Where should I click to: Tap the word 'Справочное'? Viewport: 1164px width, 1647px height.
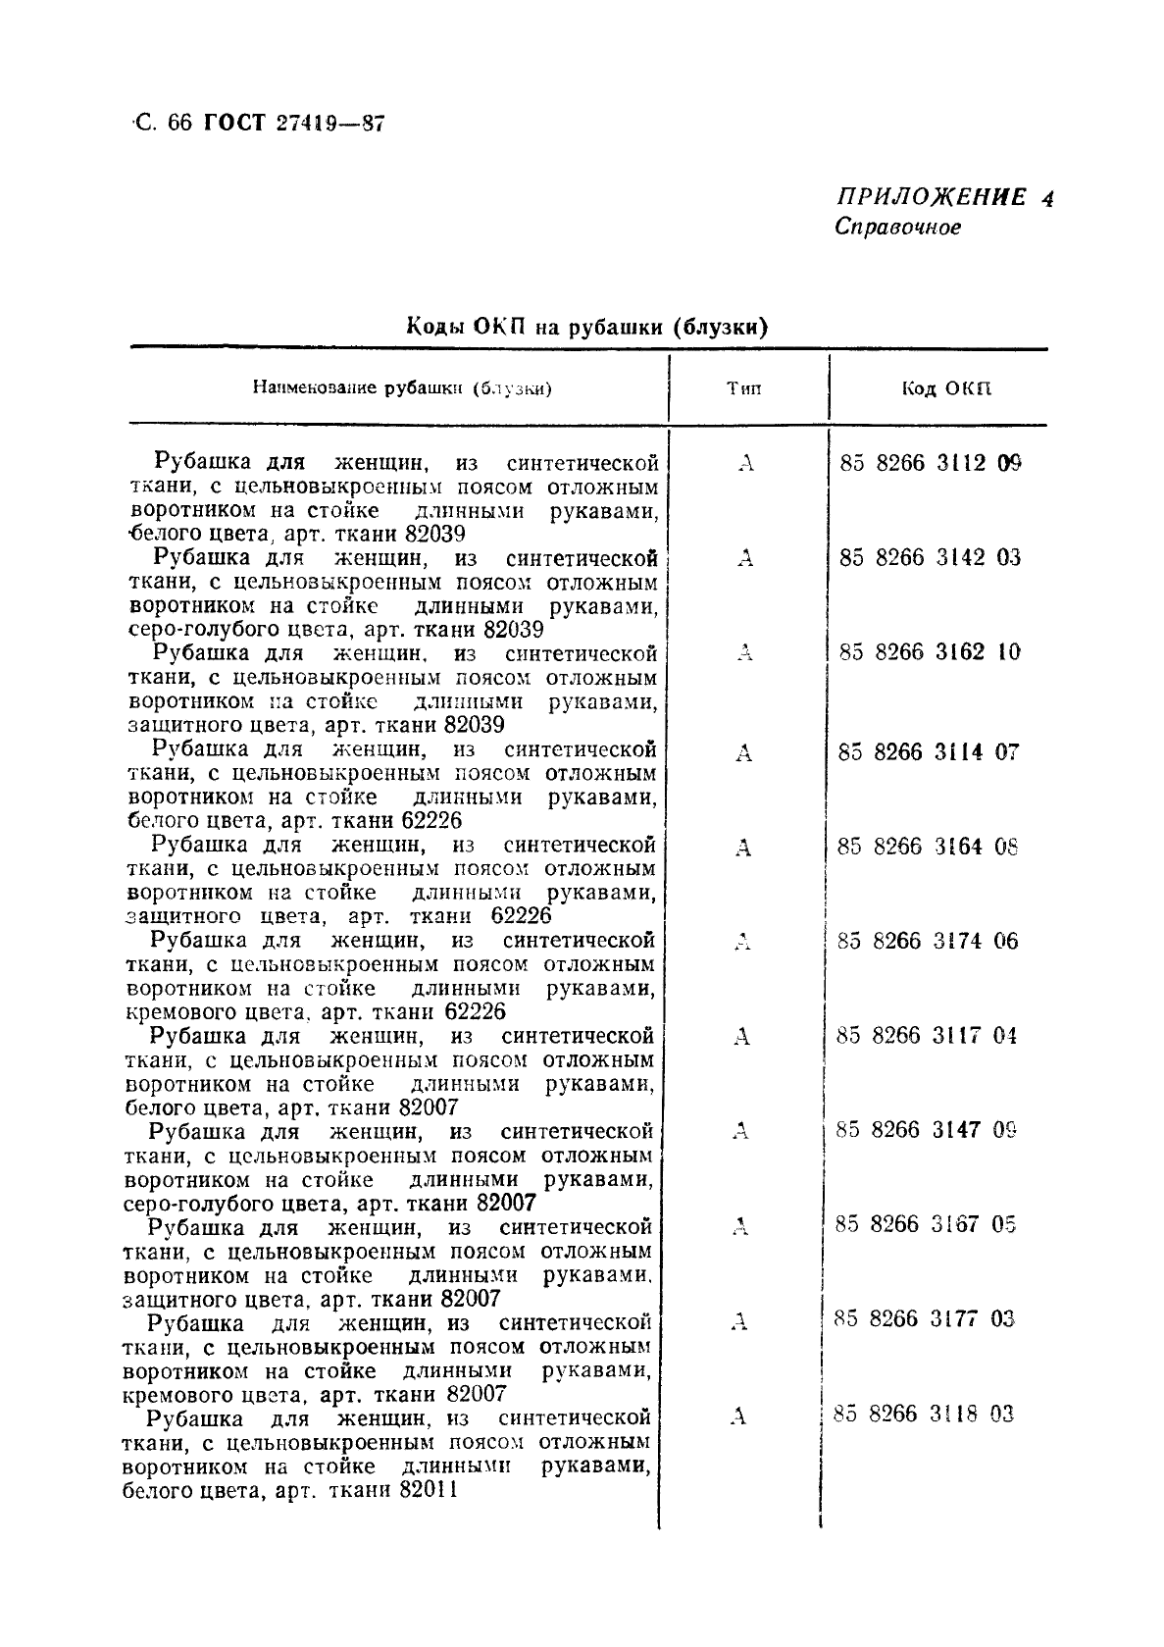pyautogui.click(x=897, y=228)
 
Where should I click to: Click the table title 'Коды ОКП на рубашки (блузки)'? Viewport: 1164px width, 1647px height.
pyautogui.click(x=586, y=327)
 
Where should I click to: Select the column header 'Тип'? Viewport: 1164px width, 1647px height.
pyautogui.click(x=743, y=388)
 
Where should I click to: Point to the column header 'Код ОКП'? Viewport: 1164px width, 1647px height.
pyautogui.click(x=946, y=388)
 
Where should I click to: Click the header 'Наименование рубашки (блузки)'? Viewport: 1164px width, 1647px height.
pyautogui.click(x=402, y=388)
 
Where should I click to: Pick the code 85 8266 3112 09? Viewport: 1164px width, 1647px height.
pyautogui.click(x=930, y=462)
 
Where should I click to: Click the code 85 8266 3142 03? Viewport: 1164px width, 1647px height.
pyautogui.click(x=930, y=557)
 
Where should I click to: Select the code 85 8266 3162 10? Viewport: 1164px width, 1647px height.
pyautogui.click(x=930, y=651)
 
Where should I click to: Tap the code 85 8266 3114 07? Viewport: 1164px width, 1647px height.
pyautogui.click(x=930, y=752)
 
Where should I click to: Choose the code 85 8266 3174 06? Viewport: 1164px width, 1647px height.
pyautogui.click(x=928, y=941)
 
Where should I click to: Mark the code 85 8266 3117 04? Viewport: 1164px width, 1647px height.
pyautogui.click(x=927, y=1035)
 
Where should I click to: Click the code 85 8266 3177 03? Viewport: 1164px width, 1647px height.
pyautogui.click(x=925, y=1318)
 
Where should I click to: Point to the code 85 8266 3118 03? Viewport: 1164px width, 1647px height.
pyautogui.click(x=924, y=1414)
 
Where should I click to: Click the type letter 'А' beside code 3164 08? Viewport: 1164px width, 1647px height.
pyautogui.click(x=743, y=848)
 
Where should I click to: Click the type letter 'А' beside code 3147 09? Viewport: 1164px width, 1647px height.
pyautogui.click(x=741, y=1132)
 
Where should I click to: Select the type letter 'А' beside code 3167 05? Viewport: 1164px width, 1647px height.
pyautogui.click(x=740, y=1226)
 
